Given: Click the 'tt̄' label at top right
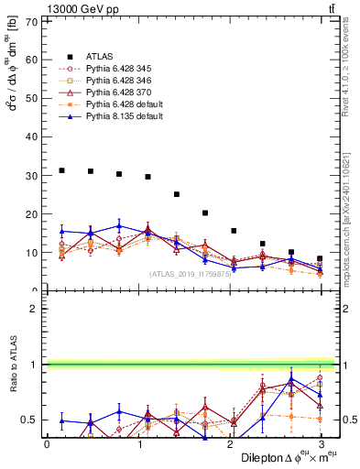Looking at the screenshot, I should click(329, 9).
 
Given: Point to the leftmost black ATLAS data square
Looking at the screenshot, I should click(61, 170).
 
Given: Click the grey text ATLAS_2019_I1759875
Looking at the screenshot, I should click(190, 273).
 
